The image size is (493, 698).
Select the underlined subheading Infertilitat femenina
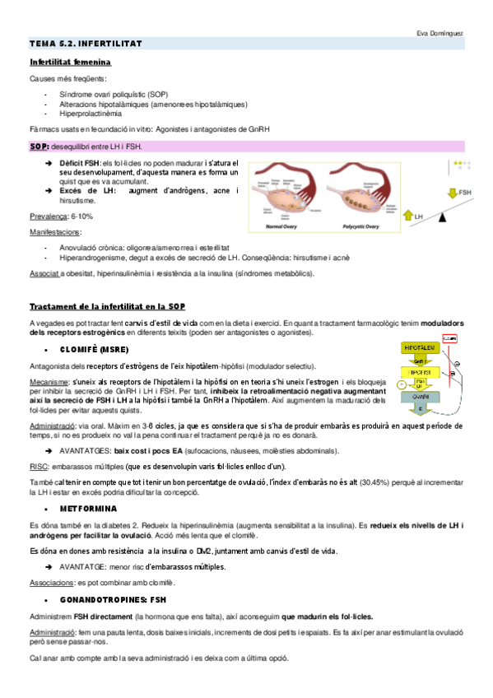pos(70,62)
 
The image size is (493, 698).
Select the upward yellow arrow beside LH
pos(408,216)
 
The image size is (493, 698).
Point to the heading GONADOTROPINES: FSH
pos(119,600)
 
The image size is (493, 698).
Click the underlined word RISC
pos(38,466)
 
